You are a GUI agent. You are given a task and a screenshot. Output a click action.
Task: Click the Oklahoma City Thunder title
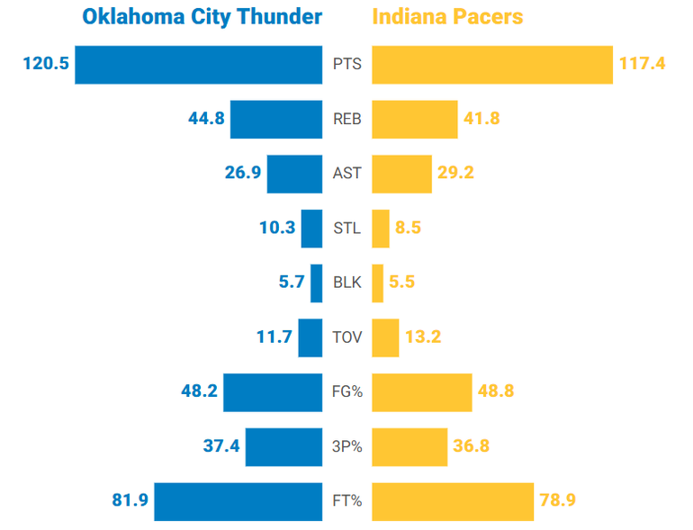click(202, 17)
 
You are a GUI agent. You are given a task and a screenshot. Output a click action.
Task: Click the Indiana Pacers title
click(447, 17)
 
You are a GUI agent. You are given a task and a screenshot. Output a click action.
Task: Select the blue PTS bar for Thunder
click(198, 65)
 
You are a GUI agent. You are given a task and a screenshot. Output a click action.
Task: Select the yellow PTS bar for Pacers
click(492, 65)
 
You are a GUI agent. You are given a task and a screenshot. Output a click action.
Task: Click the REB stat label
click(346, 120)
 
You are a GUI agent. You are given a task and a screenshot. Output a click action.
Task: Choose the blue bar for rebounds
click(276, 120)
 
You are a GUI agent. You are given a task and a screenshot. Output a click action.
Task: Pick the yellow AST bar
click(401, 174)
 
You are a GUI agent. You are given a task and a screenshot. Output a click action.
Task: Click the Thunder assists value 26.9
click(243, 174)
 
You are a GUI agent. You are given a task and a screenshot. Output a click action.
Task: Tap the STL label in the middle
click(346, 229)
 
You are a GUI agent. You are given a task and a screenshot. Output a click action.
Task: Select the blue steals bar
click(311, 229)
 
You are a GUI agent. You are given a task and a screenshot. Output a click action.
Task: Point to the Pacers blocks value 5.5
click(404, 283)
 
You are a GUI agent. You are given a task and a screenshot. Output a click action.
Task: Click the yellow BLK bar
click(377, 283)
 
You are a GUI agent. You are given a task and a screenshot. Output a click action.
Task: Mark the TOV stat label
click(346, 337)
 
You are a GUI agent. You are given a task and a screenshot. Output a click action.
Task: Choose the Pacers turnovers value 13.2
click(423, 337)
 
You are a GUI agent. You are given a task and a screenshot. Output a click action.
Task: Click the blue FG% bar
click(273, 392)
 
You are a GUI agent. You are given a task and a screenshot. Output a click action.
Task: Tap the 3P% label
click(346, 446)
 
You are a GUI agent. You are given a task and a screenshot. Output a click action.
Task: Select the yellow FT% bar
click(452, 501)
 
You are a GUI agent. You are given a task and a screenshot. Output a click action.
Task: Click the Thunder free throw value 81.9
click(130, 501)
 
